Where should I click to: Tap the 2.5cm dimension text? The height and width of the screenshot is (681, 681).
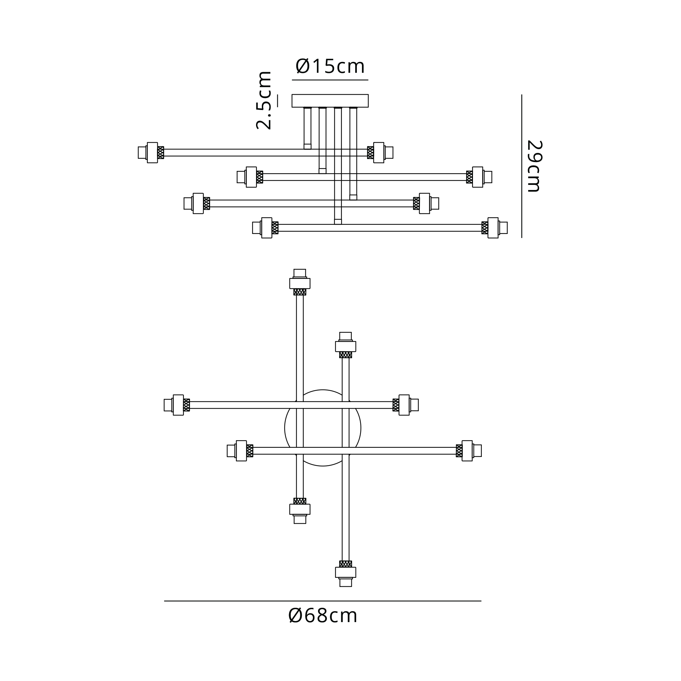coord(264,100)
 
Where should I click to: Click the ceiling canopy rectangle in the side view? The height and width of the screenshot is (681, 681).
coord(330,100)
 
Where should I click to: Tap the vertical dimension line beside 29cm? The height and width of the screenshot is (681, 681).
coord(522,166)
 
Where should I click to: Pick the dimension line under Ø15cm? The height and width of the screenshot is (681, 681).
coord(330,80)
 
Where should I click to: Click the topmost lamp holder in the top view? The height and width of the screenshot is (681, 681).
coord(300,282)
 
